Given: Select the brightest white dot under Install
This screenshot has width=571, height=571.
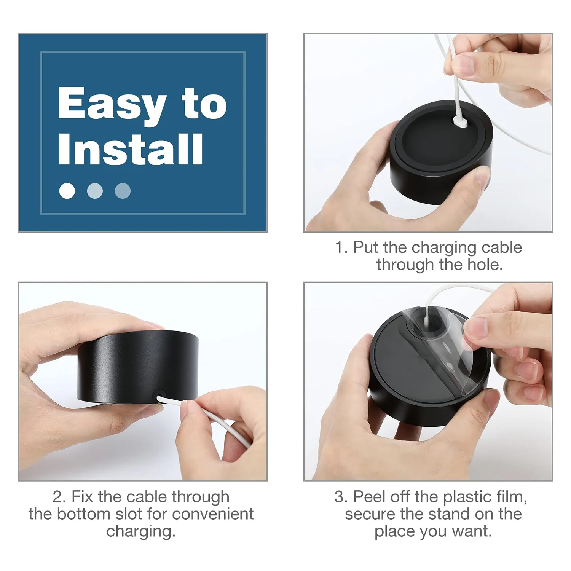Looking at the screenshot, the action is pyautogui.click(x=67, y=191).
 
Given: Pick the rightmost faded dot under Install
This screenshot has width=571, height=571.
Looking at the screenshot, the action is pyautogui.click(x=123, y=191).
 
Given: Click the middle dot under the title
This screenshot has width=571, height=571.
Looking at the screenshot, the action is pyautogui.click(x=95, y=191).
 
